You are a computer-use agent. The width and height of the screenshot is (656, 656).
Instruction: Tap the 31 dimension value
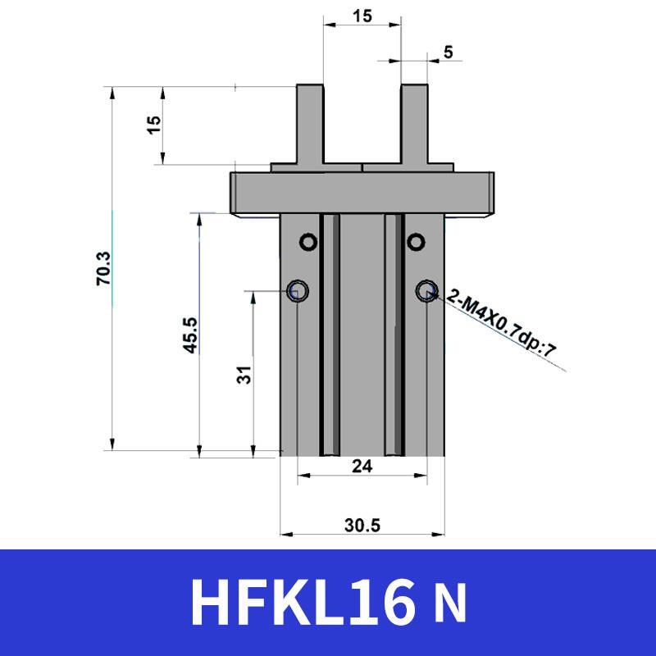244,375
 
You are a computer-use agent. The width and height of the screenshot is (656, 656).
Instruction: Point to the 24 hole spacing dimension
362,466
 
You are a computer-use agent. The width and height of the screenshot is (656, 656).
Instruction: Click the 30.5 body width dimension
362,526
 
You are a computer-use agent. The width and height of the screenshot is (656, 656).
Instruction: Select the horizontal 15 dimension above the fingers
362,15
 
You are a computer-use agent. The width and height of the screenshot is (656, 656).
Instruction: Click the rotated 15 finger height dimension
153,125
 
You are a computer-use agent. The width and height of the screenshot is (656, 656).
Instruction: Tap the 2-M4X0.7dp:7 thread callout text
501,325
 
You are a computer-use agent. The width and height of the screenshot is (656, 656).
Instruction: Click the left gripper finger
309,123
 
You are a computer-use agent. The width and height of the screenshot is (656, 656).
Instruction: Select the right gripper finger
414,123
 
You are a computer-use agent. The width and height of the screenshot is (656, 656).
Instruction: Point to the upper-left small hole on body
307,241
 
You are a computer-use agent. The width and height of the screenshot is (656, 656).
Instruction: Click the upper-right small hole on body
416,241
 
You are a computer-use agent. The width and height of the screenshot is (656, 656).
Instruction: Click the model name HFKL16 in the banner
303,603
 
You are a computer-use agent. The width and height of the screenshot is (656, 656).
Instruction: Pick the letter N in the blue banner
449,604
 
